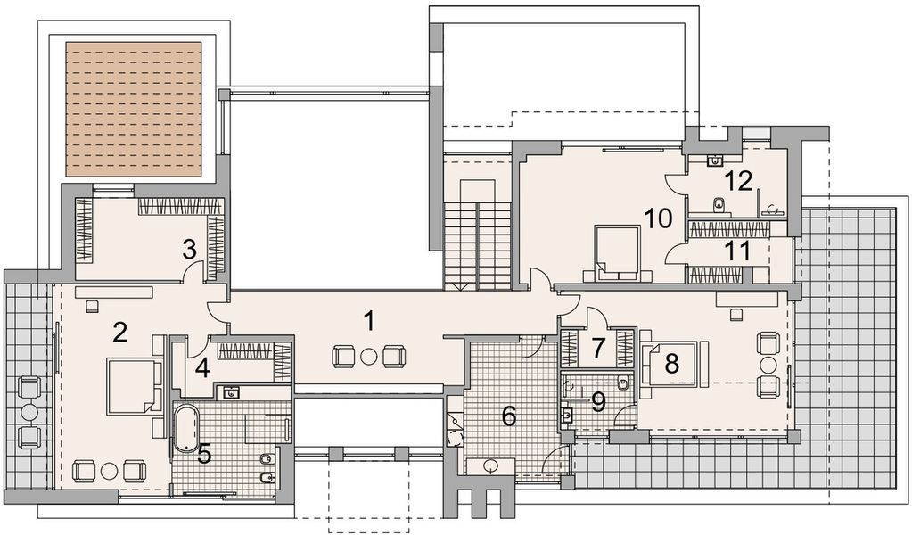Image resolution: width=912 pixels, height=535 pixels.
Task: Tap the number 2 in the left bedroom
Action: [x=121, y=333]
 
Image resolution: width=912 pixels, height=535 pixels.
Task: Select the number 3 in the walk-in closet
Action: [x=189, y=249]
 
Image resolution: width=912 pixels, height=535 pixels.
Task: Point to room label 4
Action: [x=202, y=366]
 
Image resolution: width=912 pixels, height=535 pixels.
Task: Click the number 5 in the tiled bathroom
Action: [x=205, y=454]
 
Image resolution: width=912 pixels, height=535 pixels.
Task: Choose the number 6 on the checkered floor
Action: [x=508, y=415]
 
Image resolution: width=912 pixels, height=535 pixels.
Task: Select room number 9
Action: [x=598, y=402]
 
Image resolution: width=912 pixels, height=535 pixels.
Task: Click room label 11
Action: [x=736, y=251]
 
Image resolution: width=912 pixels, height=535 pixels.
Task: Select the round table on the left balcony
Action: [x=29, y=412]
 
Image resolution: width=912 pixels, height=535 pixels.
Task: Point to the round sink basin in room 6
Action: [x=491, y=465]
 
